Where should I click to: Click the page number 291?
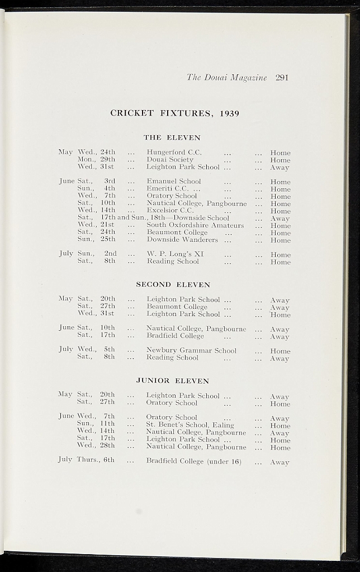tap(282, 78)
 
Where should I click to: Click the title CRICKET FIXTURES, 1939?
tap(175, 113)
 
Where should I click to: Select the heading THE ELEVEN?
tap(172, 137)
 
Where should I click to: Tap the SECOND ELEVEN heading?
tap(173, 284)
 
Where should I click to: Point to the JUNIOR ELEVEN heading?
tap(173, 381)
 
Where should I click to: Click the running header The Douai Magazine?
tap(227, 78)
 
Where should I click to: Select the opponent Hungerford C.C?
tap(174, 152)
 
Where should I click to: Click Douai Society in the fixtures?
tap(170, 159)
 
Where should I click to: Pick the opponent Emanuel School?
tap(174, 182)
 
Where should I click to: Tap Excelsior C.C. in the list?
tap(170, 211)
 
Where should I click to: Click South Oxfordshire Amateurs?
tap(195, 225)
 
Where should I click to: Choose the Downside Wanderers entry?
tap(182, 240)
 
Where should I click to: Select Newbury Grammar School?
tap(191, 351)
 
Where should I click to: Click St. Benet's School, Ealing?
tap(190, 425)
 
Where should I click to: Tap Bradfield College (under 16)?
tap(193, 461)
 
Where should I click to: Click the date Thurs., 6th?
tap(96, 460)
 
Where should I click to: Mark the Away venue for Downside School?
tap(280, 218)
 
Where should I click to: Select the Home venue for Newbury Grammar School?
tap(280, 351)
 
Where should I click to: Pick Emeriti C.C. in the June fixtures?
tap(166, 189)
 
